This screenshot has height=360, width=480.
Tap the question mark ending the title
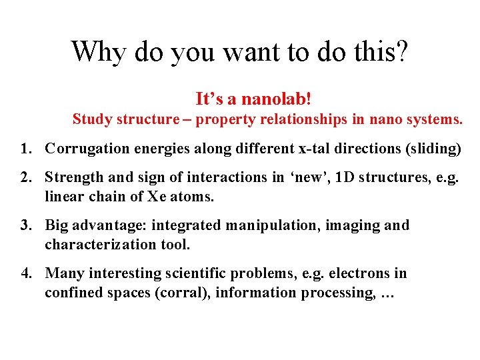(401, 51)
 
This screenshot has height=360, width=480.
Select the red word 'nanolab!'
(276, 99)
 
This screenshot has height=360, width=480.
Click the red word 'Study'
(92, 119)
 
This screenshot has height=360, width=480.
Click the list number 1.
(25, 149)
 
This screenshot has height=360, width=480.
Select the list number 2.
(25, 177)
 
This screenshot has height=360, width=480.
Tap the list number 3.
(25, 225)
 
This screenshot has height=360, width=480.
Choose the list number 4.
(25, 273)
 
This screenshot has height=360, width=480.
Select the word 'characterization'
(97, 245)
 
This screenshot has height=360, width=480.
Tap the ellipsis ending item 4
(387, 293)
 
